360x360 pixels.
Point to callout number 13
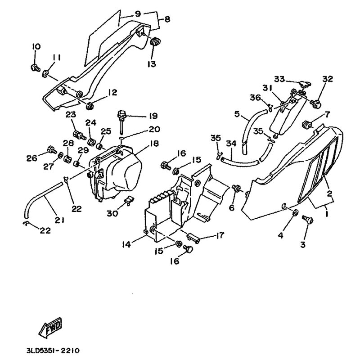[151, 64]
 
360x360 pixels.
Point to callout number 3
[302, 244]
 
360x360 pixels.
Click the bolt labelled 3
[308, 220]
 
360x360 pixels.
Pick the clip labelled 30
[128, 200]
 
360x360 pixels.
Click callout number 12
[112, 93]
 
